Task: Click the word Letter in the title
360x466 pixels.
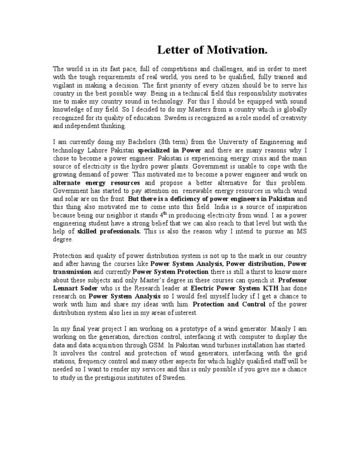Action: point(170,50)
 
